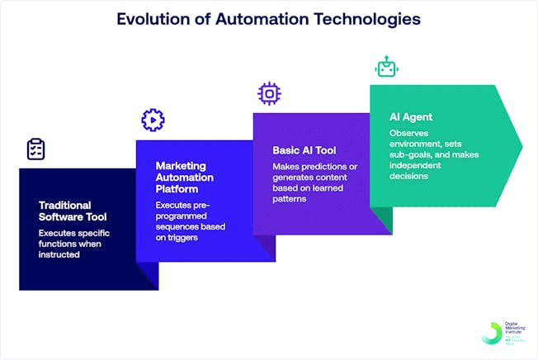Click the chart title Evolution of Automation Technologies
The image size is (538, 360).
click(268, 17)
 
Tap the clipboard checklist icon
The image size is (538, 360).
click(35, 149)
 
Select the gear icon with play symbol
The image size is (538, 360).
click(153, 121)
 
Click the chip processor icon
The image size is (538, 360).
click(269, 93)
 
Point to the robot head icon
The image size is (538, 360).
click(385, 67)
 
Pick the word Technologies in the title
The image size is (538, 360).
click(367, 17)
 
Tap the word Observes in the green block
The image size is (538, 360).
click(409, 132)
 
